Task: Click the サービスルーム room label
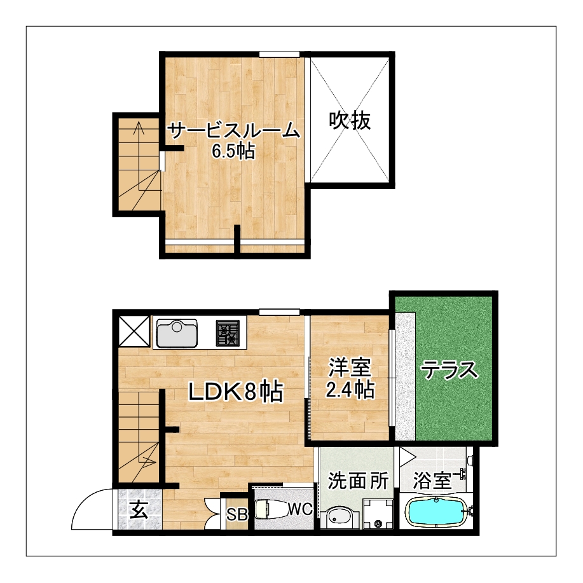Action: pyautogui.click(x=233, y=131)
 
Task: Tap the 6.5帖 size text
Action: pyautogui.click(x=233, y=151)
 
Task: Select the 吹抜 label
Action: pyautogui.click(x=350, y=120)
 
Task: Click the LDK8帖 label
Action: pyautogui.click(x=236, y=391)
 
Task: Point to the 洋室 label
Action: pyautogui.click(x=350, y=368)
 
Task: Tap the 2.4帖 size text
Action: pyautogui.click(x=350, y=389)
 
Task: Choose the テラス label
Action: pyautogui.click(x=449, y=369)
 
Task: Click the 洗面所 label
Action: pyautogui.click(x=358, y=481)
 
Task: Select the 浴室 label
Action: pyautogui.click(x=432, y=481)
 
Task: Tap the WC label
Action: pyautogui.click(x=301, y=509)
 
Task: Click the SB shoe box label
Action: pyautogui.click(x=237, y=514)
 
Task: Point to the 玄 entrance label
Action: pyautogui.click(x=139, y=509)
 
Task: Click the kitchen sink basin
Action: pyautogui.click(x=177, y=333)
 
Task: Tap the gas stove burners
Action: pyautogui.click(x=227, y=334)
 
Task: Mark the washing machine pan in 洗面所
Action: pyautogui.click(x=378, y=514)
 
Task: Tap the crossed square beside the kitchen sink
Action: pyautogui.click(x=134, y=331)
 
